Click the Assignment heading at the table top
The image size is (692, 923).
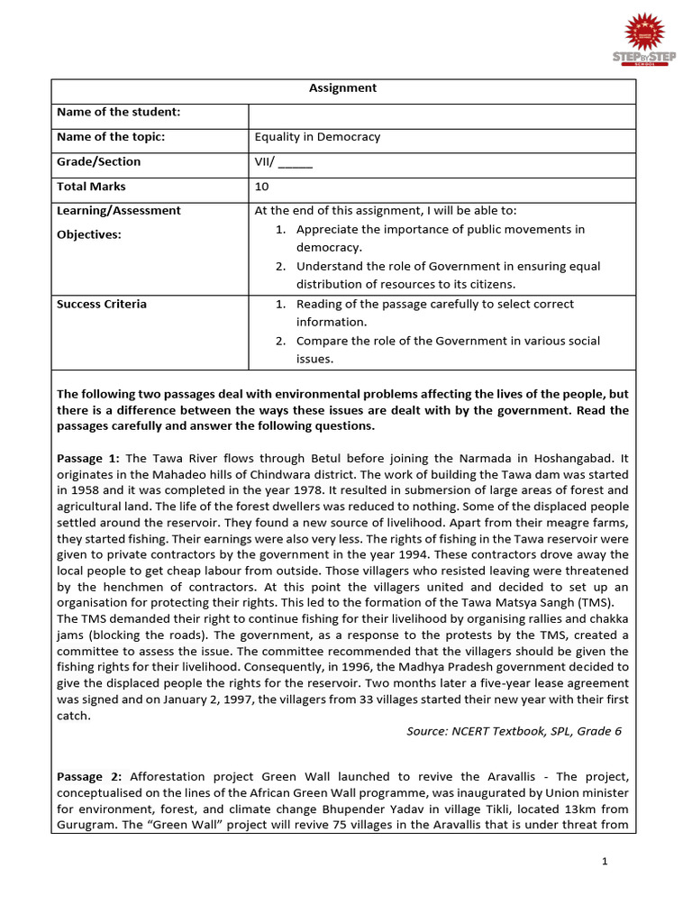tap(342, 88)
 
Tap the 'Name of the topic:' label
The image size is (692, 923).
tap(111, 137)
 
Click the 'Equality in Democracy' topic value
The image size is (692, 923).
tap(317, 137)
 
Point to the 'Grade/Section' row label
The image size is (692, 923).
tap(99, 161)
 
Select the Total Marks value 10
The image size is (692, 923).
tap(262, 187)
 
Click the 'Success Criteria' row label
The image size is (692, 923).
tap(102, 304)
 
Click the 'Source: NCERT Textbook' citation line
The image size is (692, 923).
tap(514, 731)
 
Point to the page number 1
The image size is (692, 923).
tap(605, 862)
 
